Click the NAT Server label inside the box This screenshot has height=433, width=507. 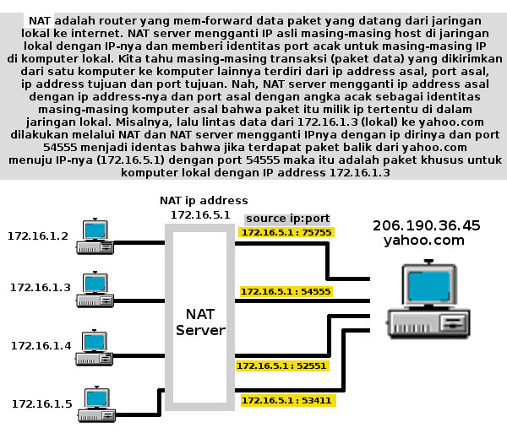click(199, 322)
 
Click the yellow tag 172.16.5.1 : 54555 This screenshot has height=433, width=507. click(286, 291)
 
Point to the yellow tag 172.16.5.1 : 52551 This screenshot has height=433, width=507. click(281, 366)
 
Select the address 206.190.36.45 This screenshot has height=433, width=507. click(426, 225)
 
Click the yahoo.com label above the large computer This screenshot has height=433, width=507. click(424, 241)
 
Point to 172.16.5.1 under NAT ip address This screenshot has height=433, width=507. click(199, 215)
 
